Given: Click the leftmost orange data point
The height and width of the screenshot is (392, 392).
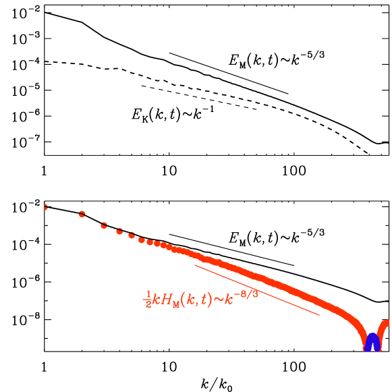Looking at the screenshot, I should pos(45,206).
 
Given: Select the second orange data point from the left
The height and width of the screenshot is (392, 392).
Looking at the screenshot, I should pos(82,215).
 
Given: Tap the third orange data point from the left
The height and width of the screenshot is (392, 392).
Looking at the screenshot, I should pos(104,225).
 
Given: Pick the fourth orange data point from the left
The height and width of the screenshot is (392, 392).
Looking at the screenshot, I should pos(119,231).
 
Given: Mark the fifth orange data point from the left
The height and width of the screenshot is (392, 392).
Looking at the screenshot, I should pos(132,235).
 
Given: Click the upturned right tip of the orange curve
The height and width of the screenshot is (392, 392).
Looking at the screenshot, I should pos(387,323).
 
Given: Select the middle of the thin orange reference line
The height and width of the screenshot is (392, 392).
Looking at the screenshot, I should pos(257,289).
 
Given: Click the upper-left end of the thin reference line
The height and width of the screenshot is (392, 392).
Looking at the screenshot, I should pos(195,264).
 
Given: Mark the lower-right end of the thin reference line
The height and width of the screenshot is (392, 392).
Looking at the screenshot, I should pos(319,314).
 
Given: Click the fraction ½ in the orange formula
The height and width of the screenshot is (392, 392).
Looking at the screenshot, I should pos(147,300).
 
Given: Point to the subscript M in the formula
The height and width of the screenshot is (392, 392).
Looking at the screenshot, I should pos(176,304).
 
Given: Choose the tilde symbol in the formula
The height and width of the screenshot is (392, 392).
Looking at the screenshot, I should pos(219,298).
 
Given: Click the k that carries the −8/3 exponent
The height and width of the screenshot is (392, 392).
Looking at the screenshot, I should pos(229,298).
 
